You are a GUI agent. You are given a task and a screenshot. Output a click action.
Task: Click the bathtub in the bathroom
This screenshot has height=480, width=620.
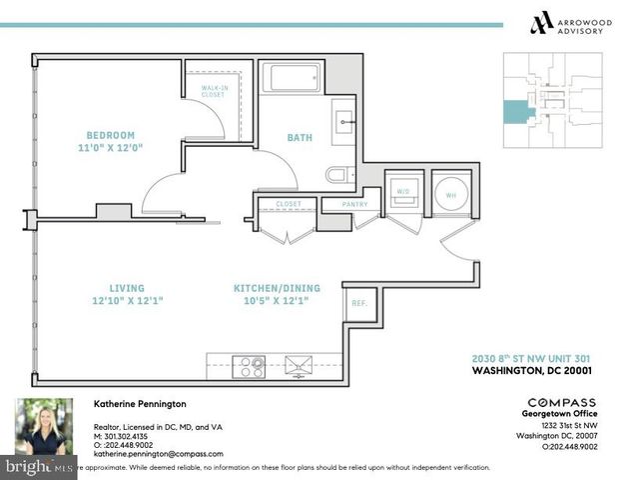tap(291, 77)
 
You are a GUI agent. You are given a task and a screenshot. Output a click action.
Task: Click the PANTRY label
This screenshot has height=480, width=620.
tap(354, 204)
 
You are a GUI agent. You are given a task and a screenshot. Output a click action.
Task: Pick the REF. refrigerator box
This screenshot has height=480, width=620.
tap(357, 302)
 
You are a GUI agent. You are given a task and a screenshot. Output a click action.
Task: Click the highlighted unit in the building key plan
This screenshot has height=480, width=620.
tap(518, 111)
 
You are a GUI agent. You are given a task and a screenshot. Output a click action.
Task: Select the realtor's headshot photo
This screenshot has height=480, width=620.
tap(44, 429)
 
